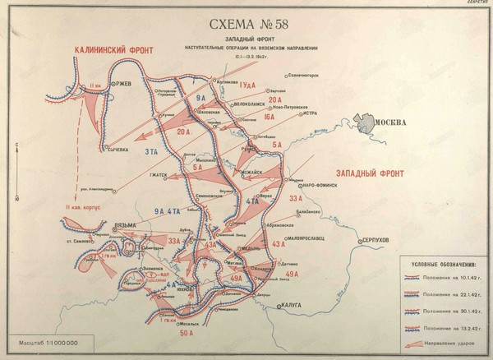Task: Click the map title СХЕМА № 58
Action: point(247,22)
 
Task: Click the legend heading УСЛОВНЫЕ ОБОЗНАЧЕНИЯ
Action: point(442,265)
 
